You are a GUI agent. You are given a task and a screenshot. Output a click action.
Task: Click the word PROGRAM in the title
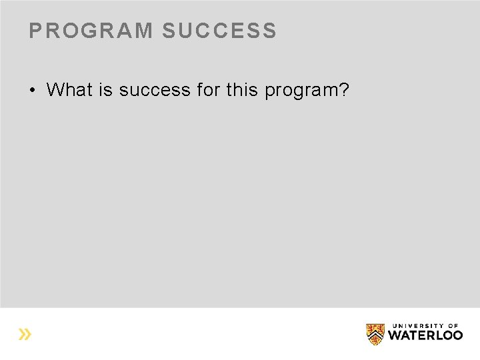coord(91,31)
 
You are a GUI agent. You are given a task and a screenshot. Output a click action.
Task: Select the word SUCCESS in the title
coord(219,31)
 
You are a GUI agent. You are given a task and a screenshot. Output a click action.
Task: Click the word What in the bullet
coord(69,89)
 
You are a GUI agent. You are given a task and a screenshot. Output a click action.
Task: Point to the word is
coord(105,89)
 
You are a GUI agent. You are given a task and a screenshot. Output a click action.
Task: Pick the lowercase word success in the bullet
coord(155,89)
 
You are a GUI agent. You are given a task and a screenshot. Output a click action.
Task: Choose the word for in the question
coord(208,89)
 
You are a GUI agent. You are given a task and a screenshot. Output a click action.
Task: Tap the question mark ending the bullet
coord(344,89)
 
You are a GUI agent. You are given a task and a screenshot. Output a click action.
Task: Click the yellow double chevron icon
coord(25,334)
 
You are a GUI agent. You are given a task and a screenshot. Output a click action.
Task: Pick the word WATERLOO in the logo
coord(425,335)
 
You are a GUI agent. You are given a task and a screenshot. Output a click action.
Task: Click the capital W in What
coord(55,89)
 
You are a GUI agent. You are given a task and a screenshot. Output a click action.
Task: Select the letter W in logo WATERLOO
coord(395,335)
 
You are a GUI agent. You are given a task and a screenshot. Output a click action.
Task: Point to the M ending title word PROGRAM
coord(144,31)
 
